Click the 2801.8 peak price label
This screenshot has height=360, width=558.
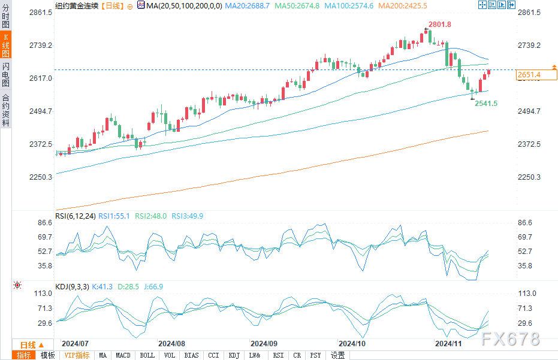coord(439,25)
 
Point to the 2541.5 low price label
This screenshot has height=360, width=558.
coord(486,104)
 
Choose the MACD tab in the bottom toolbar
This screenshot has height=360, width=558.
coord(123,355)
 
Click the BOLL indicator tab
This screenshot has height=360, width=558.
coord(147,355)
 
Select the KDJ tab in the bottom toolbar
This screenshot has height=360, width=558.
coord(233,355)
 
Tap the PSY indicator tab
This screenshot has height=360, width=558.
coord(315,355)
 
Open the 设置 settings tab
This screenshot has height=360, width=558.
coord(337,355)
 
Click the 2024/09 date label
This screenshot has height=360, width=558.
coord(263,344)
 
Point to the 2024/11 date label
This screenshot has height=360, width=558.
coord(448,344)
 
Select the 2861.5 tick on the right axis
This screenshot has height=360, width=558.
coord(529,13)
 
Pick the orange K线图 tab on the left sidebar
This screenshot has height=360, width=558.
coord(6,45)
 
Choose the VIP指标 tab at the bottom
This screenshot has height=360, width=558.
coord(77,355)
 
